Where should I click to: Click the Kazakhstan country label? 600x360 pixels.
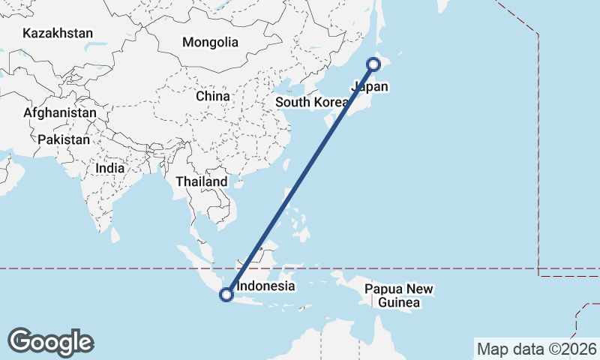(x=58, y=33)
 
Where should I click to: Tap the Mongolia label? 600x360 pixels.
(x=210, y=42)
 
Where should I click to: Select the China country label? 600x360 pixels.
(x=212, y=96)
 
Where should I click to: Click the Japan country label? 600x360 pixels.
(x=370, y=87)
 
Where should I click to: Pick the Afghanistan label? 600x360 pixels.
(x=60, y=112)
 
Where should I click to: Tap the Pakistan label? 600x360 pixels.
(x=64, y=139)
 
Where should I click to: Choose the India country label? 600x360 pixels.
(x=110, y=169)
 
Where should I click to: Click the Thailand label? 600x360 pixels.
(x=201, y=181)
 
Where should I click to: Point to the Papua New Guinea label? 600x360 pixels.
(x=399, y=296)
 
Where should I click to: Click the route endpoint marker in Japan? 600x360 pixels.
(x=373, y=64)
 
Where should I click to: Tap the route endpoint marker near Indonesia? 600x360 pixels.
(x=226, y=295)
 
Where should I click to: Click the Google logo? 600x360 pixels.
(x=50, y=341)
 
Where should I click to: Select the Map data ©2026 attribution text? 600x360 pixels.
(x=537, y=349)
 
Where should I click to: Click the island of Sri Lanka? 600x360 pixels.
(x=115, y=235)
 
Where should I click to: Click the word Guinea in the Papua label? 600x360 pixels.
(x=399, y=303)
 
